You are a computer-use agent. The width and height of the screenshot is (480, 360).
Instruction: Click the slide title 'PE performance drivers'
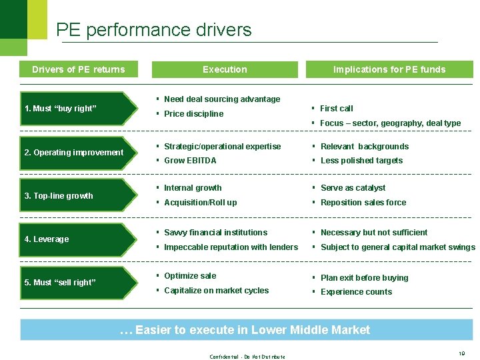point(153,30)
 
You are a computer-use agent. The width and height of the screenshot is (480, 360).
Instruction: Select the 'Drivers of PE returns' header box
point(78,69)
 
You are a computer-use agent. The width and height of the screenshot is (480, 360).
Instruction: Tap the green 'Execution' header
point(225,69)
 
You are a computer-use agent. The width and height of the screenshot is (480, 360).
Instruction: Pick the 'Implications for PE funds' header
point(389,69)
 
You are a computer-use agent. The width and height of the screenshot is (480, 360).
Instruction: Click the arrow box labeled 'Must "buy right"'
point(70,109)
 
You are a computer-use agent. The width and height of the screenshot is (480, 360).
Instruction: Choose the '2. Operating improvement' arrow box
point(73,153)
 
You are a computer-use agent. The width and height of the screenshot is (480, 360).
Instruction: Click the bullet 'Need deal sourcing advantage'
point(222,99)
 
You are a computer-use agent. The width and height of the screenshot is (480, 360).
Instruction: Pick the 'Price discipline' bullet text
point(193,114)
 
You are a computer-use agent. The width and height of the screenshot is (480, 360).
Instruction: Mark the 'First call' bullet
point(336,109)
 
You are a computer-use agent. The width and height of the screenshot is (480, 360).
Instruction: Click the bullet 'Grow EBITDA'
point(190,161)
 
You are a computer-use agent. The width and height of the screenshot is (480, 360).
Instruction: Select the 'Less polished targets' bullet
point(361,161)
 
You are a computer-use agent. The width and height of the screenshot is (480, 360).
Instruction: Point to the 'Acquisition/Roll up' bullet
point(200,203)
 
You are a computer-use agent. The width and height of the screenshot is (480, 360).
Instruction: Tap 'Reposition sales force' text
point(363,203)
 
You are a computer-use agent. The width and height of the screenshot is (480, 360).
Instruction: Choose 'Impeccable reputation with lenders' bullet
point(231,247)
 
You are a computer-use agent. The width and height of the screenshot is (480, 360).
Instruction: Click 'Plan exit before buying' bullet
point(364,278)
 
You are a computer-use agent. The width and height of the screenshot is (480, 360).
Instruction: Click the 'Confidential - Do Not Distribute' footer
point(247,357)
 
